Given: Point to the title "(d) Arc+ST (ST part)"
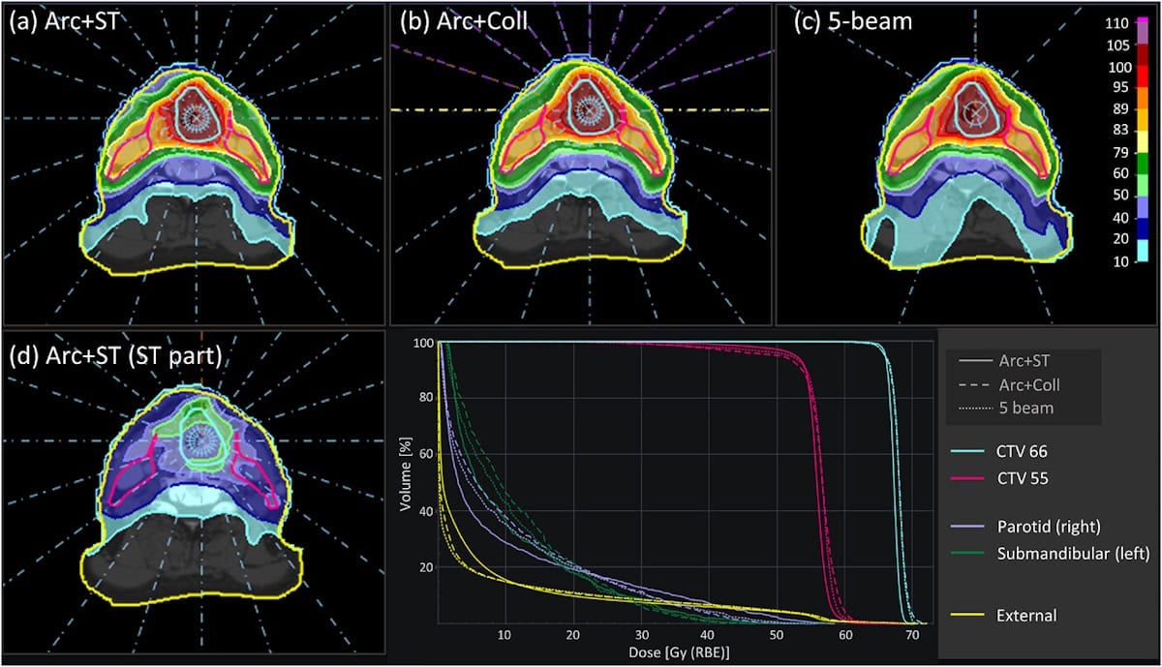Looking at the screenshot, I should (x=114, y=354).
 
